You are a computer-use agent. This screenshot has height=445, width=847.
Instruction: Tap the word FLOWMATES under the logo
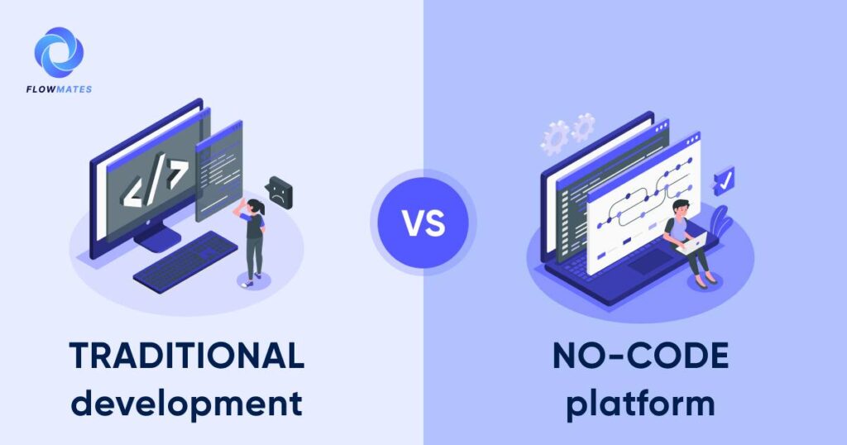pos(59,88)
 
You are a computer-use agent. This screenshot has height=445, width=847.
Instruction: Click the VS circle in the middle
pos(423,223)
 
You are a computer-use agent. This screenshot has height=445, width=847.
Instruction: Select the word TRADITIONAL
pos(187,356)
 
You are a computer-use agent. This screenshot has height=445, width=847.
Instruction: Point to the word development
pos(187,404)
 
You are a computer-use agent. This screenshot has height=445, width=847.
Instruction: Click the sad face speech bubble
pos(280,191)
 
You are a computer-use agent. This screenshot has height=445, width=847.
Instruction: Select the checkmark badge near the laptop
pos(724,179)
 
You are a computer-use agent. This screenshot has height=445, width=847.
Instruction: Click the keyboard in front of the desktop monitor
pos(185,260)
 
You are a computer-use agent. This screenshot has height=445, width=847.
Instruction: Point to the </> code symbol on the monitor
pos(153,184)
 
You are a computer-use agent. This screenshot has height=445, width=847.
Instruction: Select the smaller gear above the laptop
pos(584,127)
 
